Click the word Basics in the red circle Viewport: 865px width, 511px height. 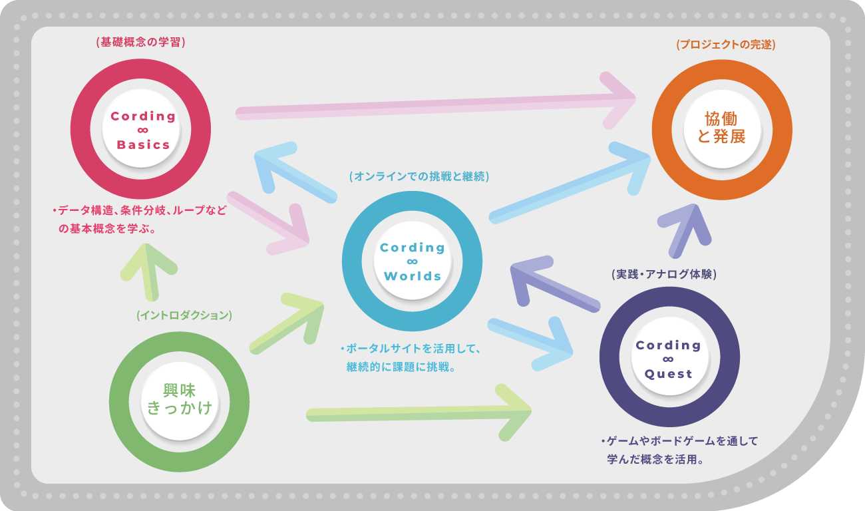pos(143,144)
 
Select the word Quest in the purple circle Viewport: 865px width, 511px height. pos(669,374)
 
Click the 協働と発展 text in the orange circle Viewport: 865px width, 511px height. pos(722,128)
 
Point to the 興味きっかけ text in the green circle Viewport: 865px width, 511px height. pos(179,399)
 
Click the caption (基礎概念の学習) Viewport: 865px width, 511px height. pos(140,43)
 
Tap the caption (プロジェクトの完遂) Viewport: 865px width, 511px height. pos(725,45)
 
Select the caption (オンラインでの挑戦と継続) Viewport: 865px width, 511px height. pos(419,177)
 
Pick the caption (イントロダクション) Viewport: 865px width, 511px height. pos(184,315)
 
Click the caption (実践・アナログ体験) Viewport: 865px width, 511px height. pos(663,274)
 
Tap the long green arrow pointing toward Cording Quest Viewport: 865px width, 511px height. pos(419,413)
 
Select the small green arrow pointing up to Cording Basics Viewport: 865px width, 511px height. pos(149,269)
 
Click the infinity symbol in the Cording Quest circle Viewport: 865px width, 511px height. pos(669,360)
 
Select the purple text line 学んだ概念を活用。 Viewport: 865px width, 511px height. pos(656,459)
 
